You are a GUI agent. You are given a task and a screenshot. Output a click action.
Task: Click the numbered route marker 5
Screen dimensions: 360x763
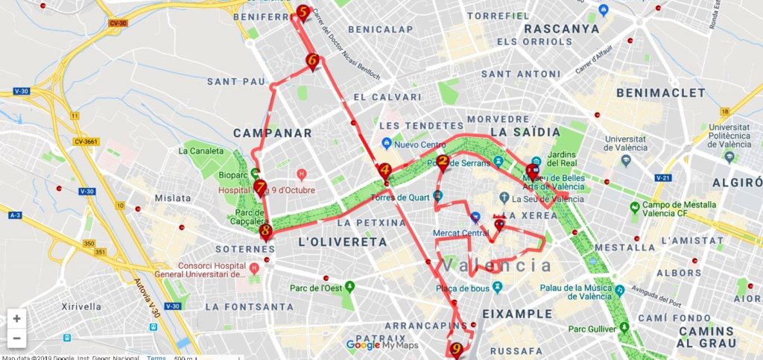303,13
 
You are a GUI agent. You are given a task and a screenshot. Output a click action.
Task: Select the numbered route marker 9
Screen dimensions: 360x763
456,348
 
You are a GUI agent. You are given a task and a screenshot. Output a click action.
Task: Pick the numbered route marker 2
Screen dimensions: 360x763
442,161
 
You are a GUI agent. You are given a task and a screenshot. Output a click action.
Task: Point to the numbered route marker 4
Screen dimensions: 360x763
384,171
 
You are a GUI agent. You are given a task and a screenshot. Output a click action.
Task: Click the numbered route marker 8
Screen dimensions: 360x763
266,230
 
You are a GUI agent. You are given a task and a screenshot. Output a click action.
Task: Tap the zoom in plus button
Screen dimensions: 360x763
16,318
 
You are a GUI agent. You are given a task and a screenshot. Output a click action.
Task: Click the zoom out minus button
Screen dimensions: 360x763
16,338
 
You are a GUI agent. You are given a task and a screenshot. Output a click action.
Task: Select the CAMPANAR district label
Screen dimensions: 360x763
272,133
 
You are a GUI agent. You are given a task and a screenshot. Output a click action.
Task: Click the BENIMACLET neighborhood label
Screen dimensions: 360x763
661,92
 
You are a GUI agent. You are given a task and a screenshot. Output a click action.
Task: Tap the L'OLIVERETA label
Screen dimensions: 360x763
342,242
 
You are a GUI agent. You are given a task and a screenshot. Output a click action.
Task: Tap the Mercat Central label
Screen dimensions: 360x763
460,233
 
